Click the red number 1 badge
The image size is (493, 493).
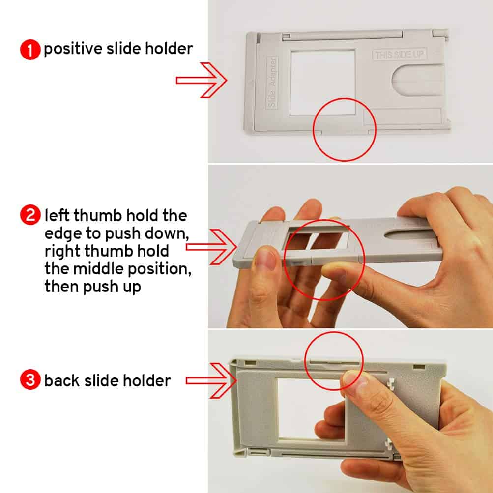point(30,49)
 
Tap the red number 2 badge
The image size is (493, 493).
point(30,215)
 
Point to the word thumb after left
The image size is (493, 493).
point(97,215)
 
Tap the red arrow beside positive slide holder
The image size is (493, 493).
point(201,80)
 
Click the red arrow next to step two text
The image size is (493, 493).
point(211,247)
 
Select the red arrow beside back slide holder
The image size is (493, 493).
point(211,381)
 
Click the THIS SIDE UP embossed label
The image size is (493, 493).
point(399,55)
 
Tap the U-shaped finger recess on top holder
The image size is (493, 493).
point(419,80)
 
